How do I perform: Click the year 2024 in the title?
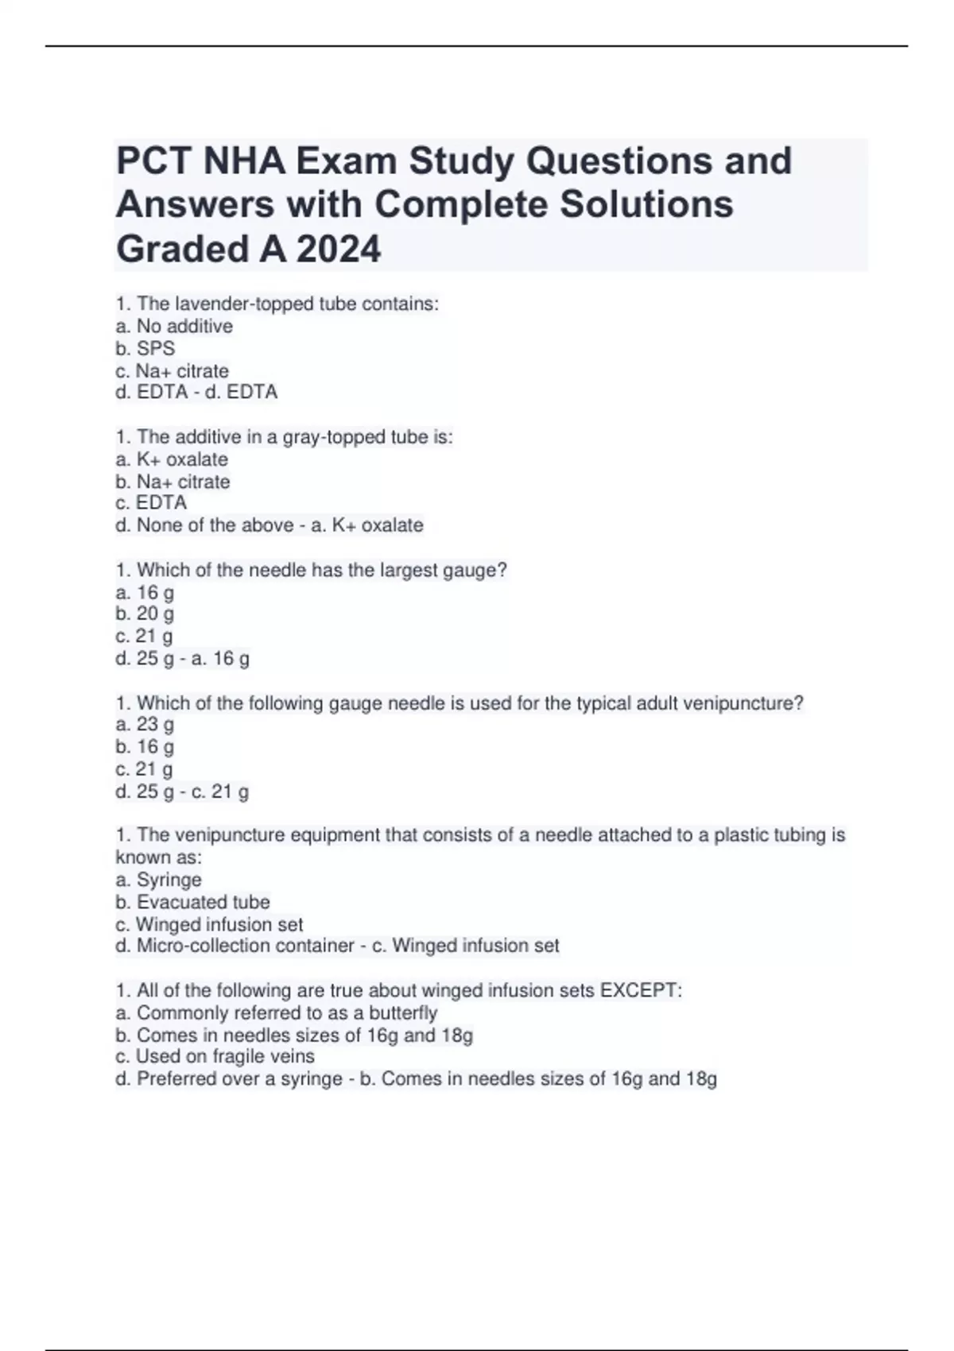[339, 249]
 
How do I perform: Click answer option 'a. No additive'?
[174, 326]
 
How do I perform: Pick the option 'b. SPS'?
[145, 348]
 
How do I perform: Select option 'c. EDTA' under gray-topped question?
[151, 503]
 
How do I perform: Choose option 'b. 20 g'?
[145, 614]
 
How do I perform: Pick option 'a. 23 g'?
[145, 724]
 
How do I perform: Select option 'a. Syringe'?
[158, 880]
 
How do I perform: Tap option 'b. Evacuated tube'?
[192, 902]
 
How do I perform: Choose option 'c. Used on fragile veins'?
[215, 1056]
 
